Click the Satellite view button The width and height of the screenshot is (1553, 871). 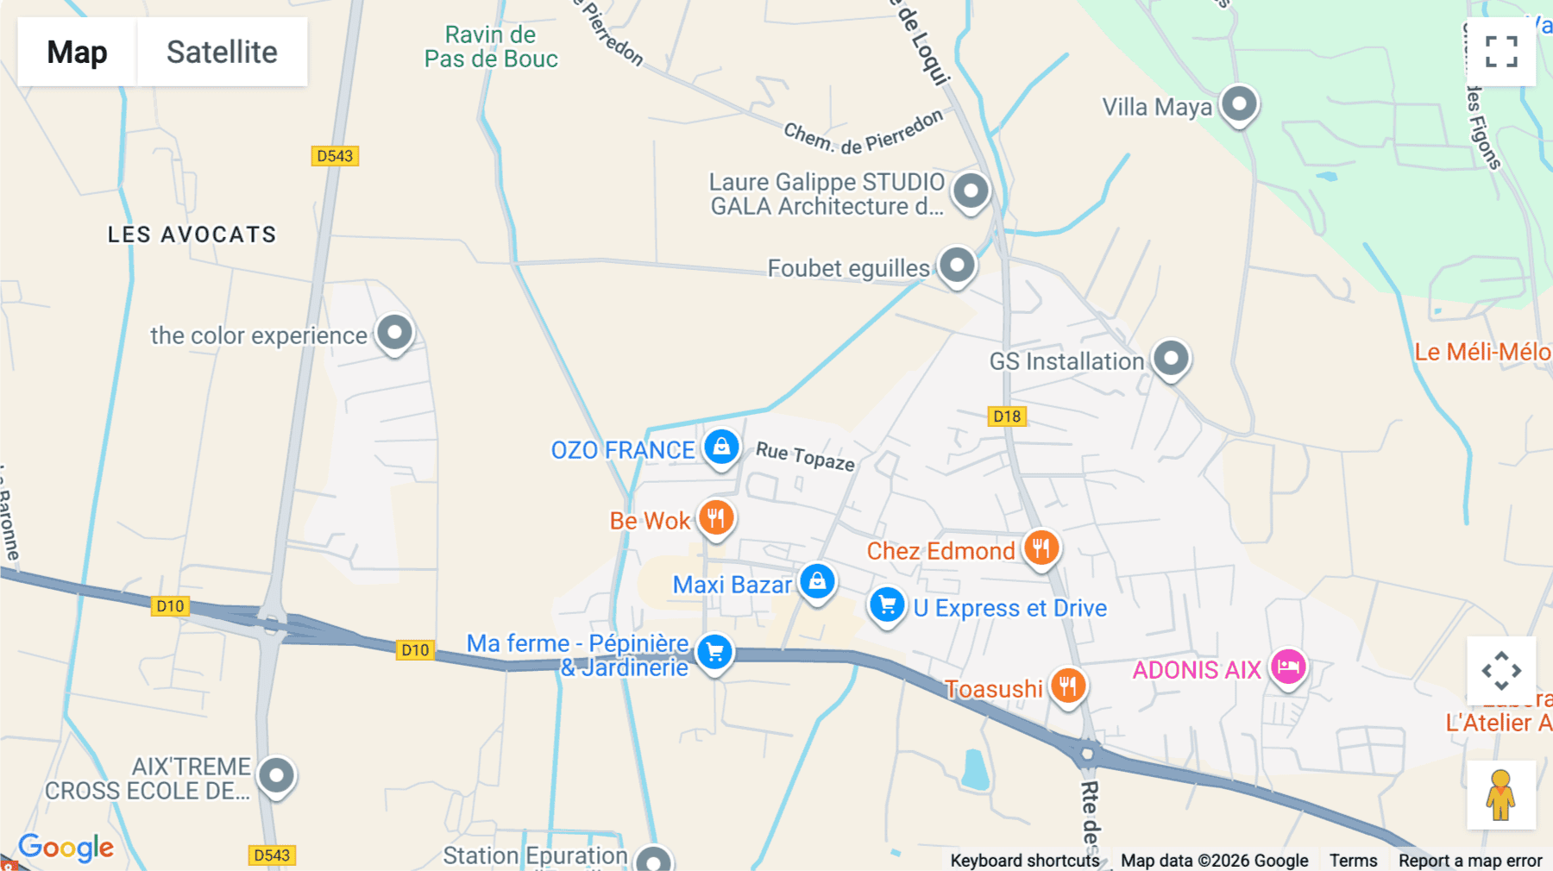point(222,52)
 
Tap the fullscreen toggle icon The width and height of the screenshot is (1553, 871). point(1501,52)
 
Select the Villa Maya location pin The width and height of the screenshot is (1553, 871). point(1239,104)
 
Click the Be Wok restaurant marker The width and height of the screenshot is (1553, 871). point(715,518)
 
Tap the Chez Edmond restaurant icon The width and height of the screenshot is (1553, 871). point(1041,548)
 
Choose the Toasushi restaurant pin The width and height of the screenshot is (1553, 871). point(1068,686)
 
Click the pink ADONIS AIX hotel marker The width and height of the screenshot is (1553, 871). point(1288,667)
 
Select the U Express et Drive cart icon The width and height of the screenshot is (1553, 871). point(886,605)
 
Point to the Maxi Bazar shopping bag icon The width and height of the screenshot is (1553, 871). point(816,581)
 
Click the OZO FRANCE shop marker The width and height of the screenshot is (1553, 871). point(721,447)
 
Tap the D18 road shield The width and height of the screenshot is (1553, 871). point(1007,417)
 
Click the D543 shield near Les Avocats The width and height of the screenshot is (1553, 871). point(335,156)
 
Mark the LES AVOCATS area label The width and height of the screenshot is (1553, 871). point(192,235)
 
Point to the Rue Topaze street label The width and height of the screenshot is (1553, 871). point(805,456)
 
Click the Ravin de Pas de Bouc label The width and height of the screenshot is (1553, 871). point(491,47)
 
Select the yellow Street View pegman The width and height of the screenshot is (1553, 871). point(1500,795)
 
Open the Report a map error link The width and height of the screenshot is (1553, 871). point(1470,861)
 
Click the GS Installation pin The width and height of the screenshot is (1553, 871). point(1171,358)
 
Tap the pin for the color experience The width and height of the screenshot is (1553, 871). point(394,332)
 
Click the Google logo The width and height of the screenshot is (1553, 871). point(66,847)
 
